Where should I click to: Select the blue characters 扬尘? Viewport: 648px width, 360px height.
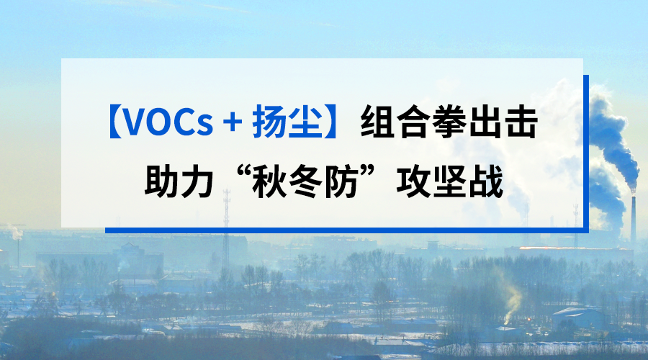(x=287, y=122)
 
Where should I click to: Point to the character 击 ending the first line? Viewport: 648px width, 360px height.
(x=521, y=122)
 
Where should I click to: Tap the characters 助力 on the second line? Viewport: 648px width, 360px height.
(x=179, y=181)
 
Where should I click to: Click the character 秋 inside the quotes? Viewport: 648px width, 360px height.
(x=269, y=181)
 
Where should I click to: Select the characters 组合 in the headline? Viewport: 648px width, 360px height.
(x=395, y=122)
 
